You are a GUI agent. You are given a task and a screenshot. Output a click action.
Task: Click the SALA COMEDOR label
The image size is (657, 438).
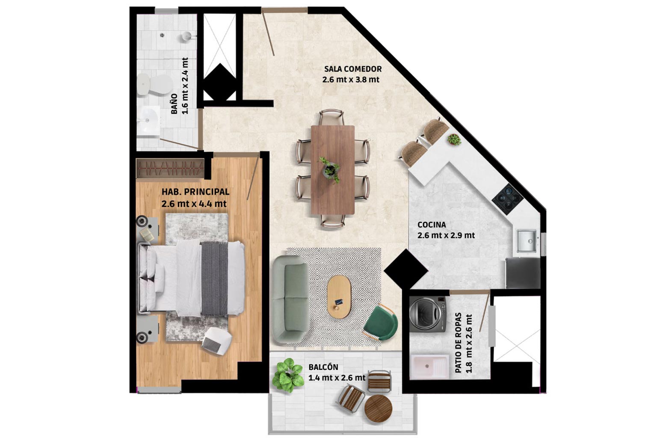[x=353, y=69]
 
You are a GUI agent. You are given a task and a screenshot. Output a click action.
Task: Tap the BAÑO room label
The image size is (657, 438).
[x=174, y=104]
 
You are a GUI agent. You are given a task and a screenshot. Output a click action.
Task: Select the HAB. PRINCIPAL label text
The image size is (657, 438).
[x=195, y=192]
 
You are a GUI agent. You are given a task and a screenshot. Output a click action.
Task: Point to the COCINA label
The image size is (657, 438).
[x=432, y=225]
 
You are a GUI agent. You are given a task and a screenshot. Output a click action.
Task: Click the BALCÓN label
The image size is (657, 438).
[x=323, y=367]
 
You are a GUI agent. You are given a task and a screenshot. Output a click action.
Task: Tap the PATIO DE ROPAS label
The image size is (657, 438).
[x=458, y=343]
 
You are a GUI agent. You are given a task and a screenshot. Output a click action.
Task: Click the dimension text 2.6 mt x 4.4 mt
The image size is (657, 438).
[x=194, y=204]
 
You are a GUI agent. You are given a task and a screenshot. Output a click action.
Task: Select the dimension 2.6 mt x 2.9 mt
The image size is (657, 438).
[x=446, y=235]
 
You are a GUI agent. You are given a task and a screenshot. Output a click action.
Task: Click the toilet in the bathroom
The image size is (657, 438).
[x=154, y=85]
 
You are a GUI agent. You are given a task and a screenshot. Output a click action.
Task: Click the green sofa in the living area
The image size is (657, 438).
[x=290, y=299]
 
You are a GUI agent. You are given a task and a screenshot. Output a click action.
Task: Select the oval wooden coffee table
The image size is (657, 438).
[x=339, y=296]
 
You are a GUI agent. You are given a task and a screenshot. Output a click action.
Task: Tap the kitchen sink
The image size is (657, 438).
[x=527, y=241]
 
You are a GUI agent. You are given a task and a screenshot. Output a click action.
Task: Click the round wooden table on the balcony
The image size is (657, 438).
[x=379, y=408]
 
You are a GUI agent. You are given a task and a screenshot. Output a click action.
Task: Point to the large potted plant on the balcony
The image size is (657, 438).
[x=287, y=376]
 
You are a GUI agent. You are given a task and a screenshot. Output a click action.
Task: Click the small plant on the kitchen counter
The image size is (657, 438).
[x=454, y=139]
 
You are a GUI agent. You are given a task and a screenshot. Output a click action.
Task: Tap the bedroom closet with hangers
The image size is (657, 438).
[x=170, y=169]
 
